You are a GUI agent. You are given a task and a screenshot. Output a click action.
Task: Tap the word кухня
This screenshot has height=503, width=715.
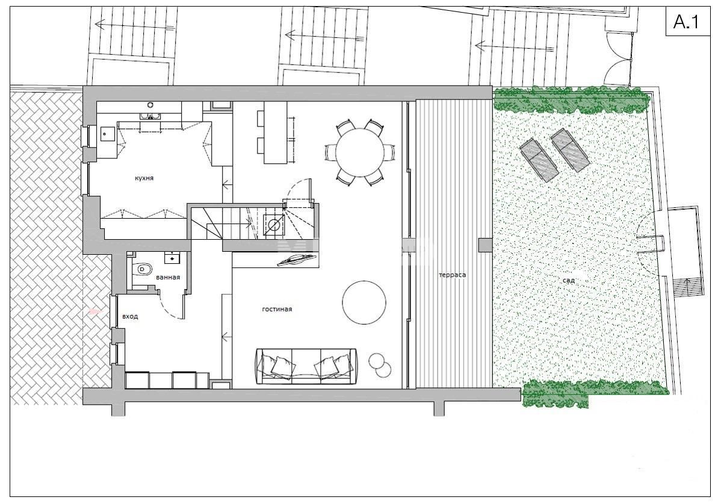pos(144,178)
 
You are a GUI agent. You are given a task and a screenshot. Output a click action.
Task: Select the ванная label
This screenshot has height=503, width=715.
pos(168,277)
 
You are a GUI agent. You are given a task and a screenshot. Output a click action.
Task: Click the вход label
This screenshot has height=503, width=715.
pos(130,316)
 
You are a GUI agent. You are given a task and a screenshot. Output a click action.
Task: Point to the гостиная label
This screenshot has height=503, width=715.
pos(277,309)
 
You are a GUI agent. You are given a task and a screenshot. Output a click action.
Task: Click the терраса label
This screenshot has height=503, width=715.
pos(453,275)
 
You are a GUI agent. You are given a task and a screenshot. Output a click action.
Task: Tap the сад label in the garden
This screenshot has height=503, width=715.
pos(569,280)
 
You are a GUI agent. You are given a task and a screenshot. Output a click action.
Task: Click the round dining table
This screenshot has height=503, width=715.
pos(359,153)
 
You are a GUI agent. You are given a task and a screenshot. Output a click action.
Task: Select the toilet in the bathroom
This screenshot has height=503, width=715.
pos(143,270)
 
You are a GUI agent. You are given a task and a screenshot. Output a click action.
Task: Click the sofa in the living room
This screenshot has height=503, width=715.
pos(307,365)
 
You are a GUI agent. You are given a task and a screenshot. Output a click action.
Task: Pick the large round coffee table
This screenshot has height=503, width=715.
pos(364,302)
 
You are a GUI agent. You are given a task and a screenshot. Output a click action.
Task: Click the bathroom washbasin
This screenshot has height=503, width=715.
pos(174,258)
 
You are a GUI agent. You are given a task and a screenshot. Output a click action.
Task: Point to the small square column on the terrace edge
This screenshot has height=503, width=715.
pos(484,245)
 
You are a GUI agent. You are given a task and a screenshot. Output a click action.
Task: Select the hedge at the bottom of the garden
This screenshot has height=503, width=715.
pos(593,393)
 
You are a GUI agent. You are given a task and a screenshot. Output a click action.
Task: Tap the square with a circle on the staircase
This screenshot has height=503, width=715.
pos(273,225)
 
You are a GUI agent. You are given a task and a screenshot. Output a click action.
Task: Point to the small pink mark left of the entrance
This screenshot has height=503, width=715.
pos(94,311)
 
